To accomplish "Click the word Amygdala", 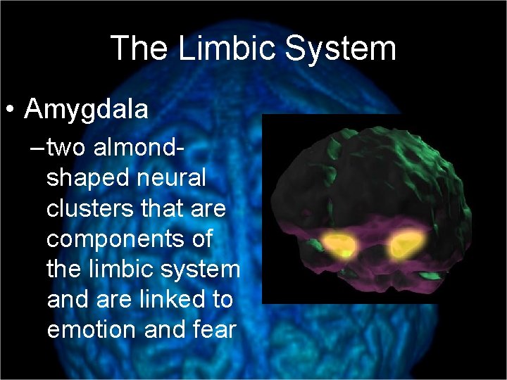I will tap(86, 109).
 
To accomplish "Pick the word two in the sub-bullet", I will tap(68, 148).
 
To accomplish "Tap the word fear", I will tap(213, 329).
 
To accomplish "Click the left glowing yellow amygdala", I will tap(339, 246).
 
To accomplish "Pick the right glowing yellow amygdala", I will tap(406, 245).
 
